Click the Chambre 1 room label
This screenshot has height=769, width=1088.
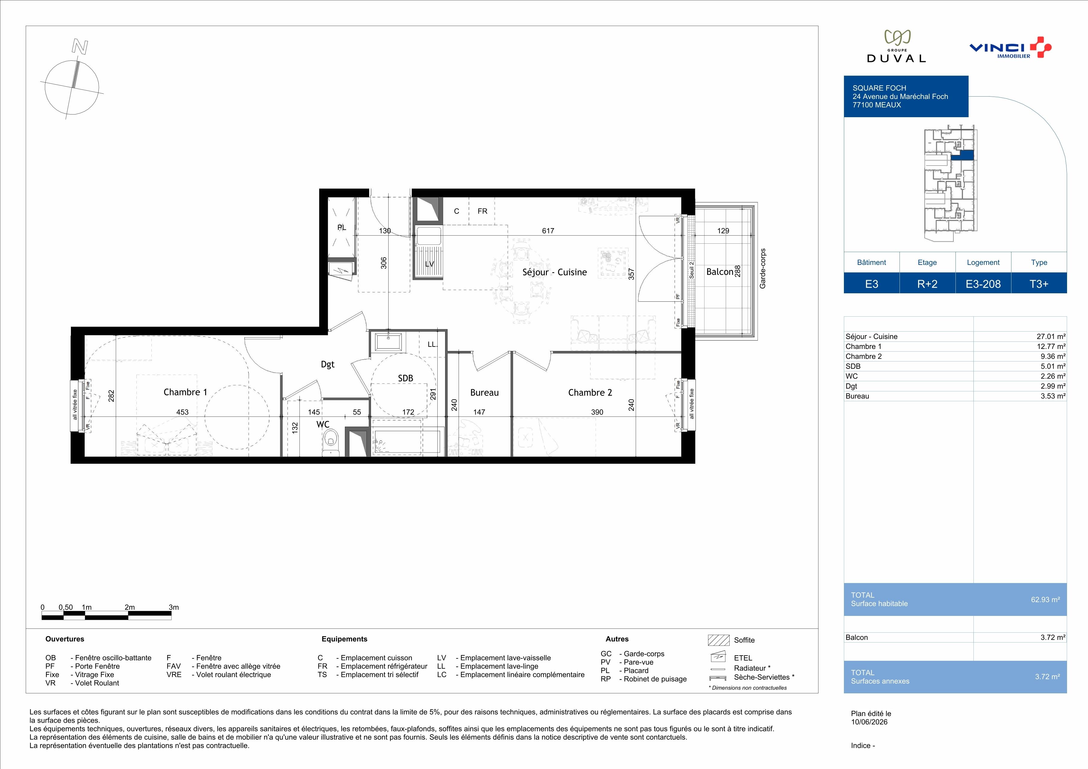click(185, 392)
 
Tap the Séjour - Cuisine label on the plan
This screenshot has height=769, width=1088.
click(554, 272)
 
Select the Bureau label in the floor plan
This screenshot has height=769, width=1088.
click(484, 393)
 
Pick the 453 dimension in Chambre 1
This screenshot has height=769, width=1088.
click(182, 412)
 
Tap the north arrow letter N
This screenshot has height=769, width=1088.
click(80, 46)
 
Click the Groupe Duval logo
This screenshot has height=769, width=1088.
click(896, 46)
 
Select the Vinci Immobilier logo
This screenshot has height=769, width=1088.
click(1010, 47)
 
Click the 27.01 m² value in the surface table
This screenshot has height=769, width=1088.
click(1051, 337)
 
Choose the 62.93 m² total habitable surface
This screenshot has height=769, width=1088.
click(1045, 599)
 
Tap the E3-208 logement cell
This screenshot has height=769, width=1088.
click(983, 284)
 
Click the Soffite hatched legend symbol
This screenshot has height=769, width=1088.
click(718, 640)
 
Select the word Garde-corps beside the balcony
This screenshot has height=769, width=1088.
click(763, 268)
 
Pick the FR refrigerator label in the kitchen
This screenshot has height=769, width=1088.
click(483, 211)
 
